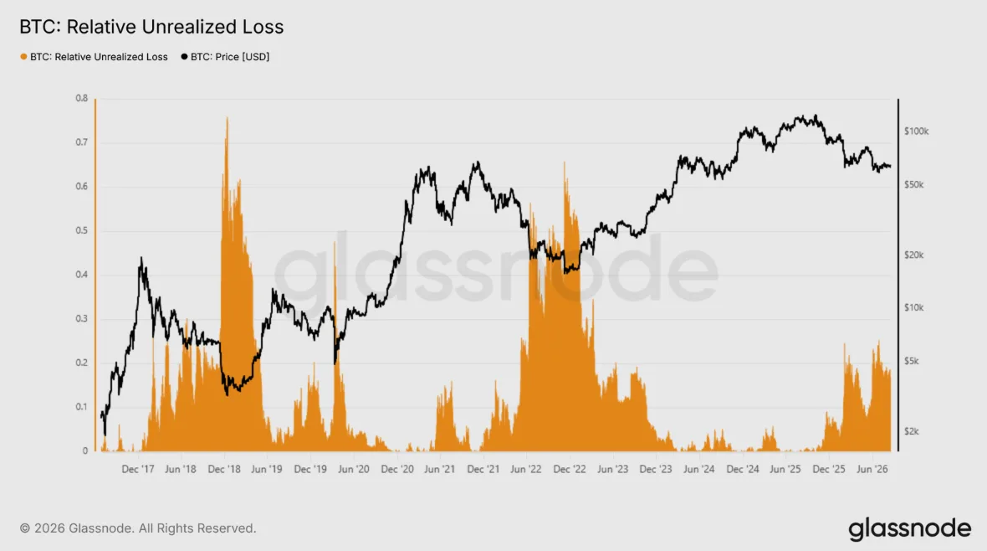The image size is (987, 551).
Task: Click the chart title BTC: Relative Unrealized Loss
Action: (151, 27)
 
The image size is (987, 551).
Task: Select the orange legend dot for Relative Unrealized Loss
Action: (23, 57)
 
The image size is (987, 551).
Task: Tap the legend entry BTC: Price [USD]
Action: (225, 57)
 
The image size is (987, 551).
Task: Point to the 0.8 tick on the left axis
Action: (82, 98)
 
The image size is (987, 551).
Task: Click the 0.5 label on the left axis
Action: (82, 231)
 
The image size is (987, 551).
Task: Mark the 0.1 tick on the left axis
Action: (82, 407)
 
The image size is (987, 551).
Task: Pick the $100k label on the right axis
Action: (916, 131)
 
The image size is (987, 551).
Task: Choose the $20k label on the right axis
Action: (914, 255)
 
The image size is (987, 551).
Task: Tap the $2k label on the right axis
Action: (912, 431)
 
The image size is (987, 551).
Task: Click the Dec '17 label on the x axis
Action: (138, 469)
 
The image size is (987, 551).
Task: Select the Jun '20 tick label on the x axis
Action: (354, 469)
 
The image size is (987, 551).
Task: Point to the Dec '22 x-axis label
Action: (570, 469)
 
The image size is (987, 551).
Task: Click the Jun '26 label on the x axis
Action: (872, 469)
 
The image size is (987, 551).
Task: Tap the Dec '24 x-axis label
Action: (743, 469)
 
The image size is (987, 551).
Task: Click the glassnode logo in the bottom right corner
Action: (909, 529)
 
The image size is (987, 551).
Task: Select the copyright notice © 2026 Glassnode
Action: (138, 528)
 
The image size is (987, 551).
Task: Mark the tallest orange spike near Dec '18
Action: (227, 117)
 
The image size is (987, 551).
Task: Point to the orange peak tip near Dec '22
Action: (564, 162)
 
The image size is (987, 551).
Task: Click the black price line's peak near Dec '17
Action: (141, 257)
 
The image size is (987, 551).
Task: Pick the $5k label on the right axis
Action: (912, 361)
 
